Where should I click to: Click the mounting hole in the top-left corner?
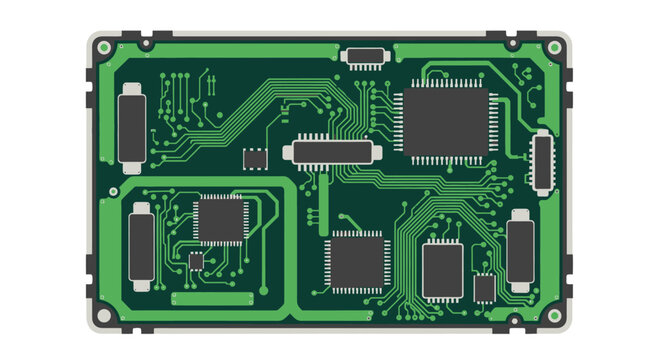coord(104,47)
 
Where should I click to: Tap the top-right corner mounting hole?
coord(553,47)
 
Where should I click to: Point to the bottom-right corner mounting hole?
coord(553,316)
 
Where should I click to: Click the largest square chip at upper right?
coord(446,121)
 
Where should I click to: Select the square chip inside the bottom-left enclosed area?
coord(220,219)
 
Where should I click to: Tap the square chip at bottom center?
coord(357,261)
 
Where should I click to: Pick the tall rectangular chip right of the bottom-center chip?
coord(442,270)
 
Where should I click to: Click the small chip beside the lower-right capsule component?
coord(484,288)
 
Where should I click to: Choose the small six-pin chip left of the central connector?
coord(256,158)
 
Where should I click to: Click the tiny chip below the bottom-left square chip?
coord(196,261)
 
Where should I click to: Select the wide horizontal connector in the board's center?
coord(332,152)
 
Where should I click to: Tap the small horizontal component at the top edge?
coord(364,55)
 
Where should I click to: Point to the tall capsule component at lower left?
coord(141,246)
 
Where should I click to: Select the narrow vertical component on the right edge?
coord(541,160)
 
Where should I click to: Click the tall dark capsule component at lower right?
coord(520,250)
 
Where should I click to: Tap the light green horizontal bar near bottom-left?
coord(212,298)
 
